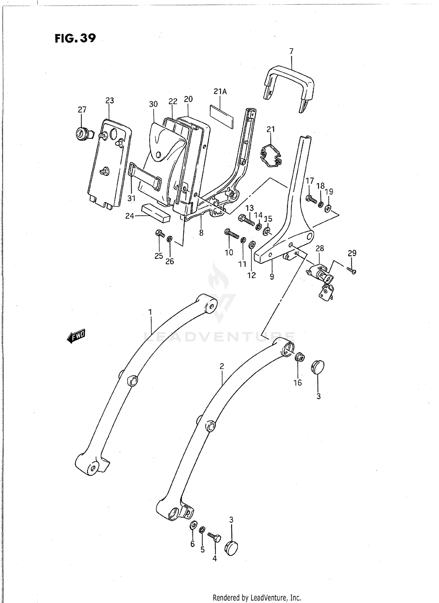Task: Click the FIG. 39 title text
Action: coord(75,38)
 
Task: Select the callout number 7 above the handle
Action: coord(291,52)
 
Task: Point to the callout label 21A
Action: coord(220,92)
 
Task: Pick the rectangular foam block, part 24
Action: coord(155,213)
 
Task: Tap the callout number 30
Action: coord(153,104)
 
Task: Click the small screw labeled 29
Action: coord(352,271)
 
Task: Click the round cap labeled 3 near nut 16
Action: coord(318,367)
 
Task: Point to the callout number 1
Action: coord(150,312)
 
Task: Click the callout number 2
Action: coord(222,366)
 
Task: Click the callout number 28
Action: coord(320,248)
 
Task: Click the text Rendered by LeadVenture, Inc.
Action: coord(256,598)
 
